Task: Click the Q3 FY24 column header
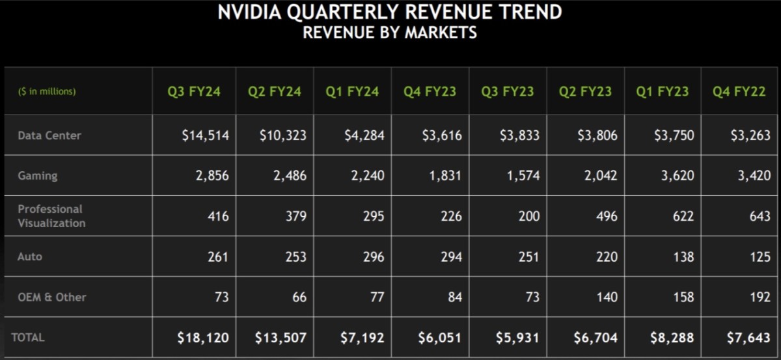(x=195, y=92)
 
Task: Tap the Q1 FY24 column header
(x=352, y=92)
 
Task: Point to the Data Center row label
(x=49, y=136)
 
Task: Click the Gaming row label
(x=37, y=176)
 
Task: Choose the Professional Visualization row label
(x=51, y=216)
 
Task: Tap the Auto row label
(x=29, y=256)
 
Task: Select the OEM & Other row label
(x=51, y=297)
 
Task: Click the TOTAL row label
(x=28, y=337)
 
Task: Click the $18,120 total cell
(x=203, y=338)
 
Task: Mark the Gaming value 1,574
(x=523, y=176)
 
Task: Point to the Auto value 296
(x=374, y=257)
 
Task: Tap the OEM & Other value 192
(x=760, y=298)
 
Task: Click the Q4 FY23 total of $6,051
(x=440, y=338)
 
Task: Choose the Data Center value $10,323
(x=283, y=136)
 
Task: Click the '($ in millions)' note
(x=46, y=92)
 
